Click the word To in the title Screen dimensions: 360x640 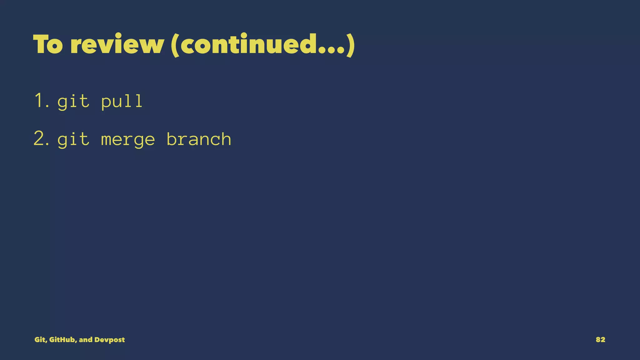(x=48, y=44)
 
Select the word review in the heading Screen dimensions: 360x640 (x=117, y=44)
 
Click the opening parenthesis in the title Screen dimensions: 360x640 (x=175, y=45)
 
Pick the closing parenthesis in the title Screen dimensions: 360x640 (x=351, y=45)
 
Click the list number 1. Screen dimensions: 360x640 (x=41, y=101)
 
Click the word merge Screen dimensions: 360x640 (x=128, y=140)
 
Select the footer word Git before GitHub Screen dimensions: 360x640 (x=40, y=340)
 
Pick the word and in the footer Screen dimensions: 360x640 (x=86, y=340)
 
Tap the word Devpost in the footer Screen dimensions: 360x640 (x=109, y=340)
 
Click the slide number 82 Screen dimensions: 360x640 (x=600, y=340)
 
